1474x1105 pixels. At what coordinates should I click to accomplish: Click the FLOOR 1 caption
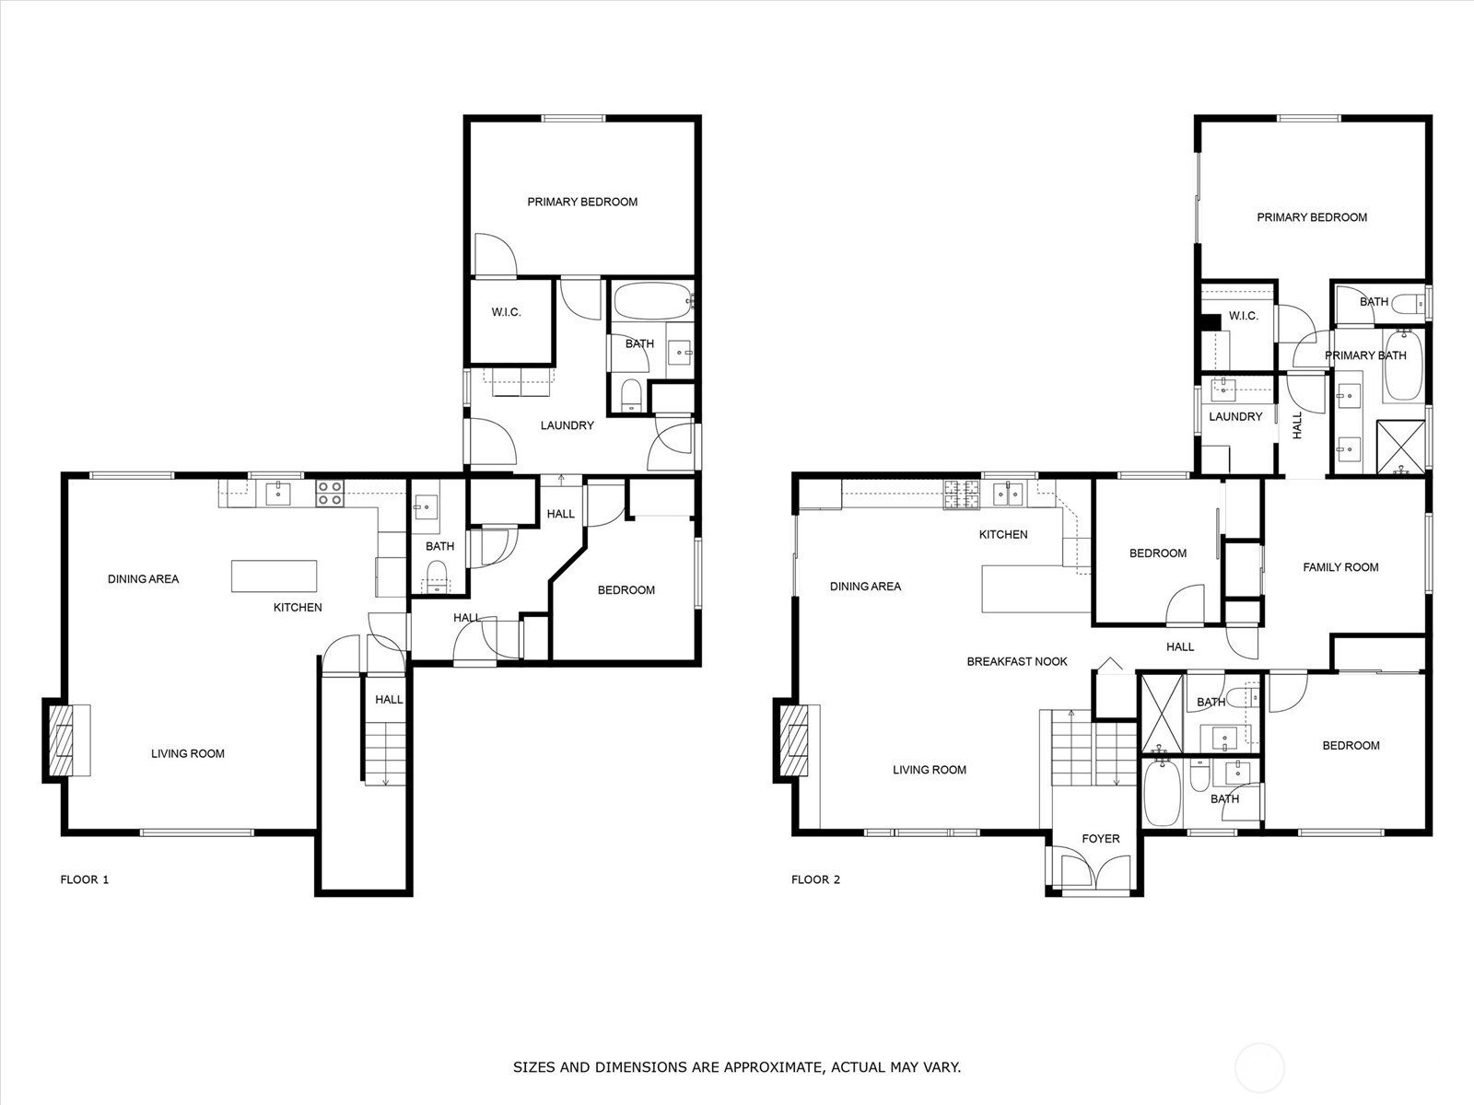85,879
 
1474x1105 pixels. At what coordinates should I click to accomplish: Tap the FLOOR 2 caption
816,879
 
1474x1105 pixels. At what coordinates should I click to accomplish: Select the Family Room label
1340,567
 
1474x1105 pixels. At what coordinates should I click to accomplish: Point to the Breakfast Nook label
1017,661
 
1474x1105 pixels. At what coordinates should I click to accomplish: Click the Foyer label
1101,839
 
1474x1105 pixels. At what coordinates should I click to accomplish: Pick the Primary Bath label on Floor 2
1365,355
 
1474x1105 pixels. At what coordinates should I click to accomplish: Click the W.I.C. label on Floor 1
506,312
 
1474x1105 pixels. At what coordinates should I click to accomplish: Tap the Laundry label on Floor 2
1235,416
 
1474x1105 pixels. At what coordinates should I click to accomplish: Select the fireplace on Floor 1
64,740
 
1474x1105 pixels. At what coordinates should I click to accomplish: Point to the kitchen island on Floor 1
274,576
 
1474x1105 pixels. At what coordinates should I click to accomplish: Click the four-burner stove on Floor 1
330,494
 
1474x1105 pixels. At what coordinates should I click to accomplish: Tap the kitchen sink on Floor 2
1009,494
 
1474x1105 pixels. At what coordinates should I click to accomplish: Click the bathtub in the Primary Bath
1403,366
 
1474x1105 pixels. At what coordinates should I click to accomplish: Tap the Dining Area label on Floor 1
143,579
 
